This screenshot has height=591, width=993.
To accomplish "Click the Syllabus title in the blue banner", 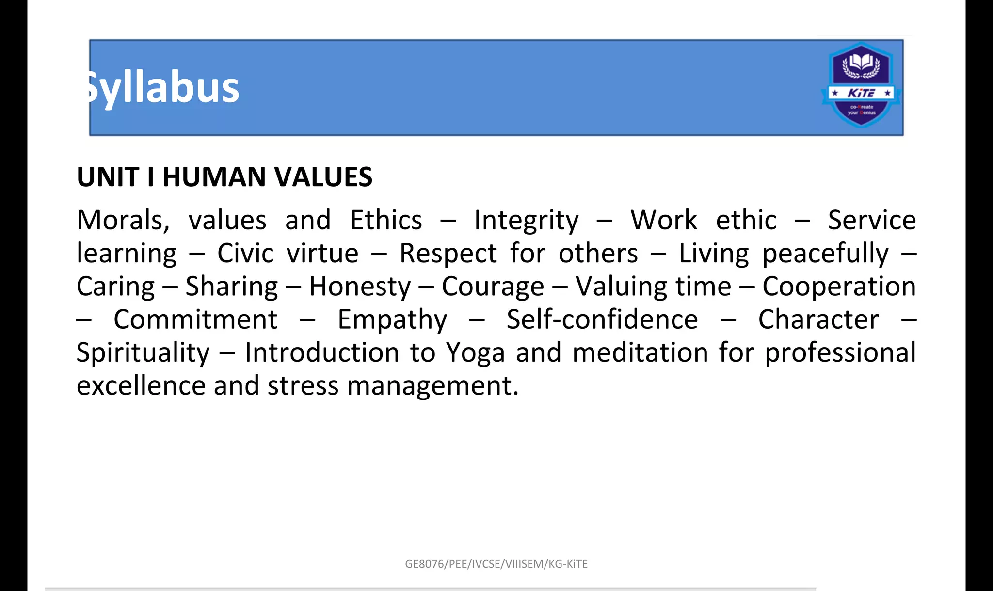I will pos(162,88).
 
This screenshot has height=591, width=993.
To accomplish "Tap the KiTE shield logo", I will pos(861,85).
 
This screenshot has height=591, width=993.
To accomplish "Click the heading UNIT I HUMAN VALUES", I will pos(224,177).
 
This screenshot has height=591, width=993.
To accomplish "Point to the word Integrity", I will pos(526,221).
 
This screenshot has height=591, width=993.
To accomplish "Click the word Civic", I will pos(245,254).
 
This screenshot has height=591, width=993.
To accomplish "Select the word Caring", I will pos(115,287).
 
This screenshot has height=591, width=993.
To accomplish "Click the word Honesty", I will pos(360,287).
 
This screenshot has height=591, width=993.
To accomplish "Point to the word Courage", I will pos(493,287).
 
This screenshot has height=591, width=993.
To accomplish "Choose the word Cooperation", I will pos(839,287).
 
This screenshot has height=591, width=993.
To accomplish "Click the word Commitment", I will pos(195,320).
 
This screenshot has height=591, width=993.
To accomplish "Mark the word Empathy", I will pos(392,320).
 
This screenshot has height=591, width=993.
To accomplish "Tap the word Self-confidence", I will pos(602,320).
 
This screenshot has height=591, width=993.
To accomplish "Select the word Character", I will pos(818,320).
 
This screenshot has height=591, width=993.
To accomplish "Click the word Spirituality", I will pos(143,353).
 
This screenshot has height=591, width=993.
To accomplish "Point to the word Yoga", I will pos(475,353).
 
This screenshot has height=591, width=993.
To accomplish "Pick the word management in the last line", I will pos(432,386).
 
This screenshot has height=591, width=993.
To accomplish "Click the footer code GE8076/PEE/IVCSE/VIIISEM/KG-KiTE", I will pos(496,564).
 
